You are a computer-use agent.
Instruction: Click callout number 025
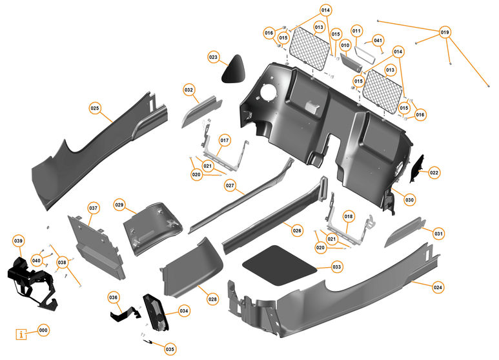pos(95,108)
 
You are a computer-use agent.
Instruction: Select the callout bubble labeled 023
pos(214,57)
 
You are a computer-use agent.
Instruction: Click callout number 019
pos(445,32)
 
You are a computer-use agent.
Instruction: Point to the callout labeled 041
pos(378,40)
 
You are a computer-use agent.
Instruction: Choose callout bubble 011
pos(356,31)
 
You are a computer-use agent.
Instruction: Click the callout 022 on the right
pos(434,172)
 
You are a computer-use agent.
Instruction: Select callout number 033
pos(337,266)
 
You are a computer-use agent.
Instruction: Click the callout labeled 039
pos(18,240)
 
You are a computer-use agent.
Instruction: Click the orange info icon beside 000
pos(23,334)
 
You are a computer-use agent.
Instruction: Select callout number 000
pos(43,330)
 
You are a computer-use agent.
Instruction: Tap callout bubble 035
pos(170,349)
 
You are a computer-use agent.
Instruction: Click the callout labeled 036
pos(114,297)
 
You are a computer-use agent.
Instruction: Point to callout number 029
pos(119,205)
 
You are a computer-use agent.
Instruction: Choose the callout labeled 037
pos(94,208)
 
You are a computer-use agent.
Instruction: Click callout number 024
pos(438,287)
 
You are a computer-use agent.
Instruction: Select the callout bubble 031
pos(438,233)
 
